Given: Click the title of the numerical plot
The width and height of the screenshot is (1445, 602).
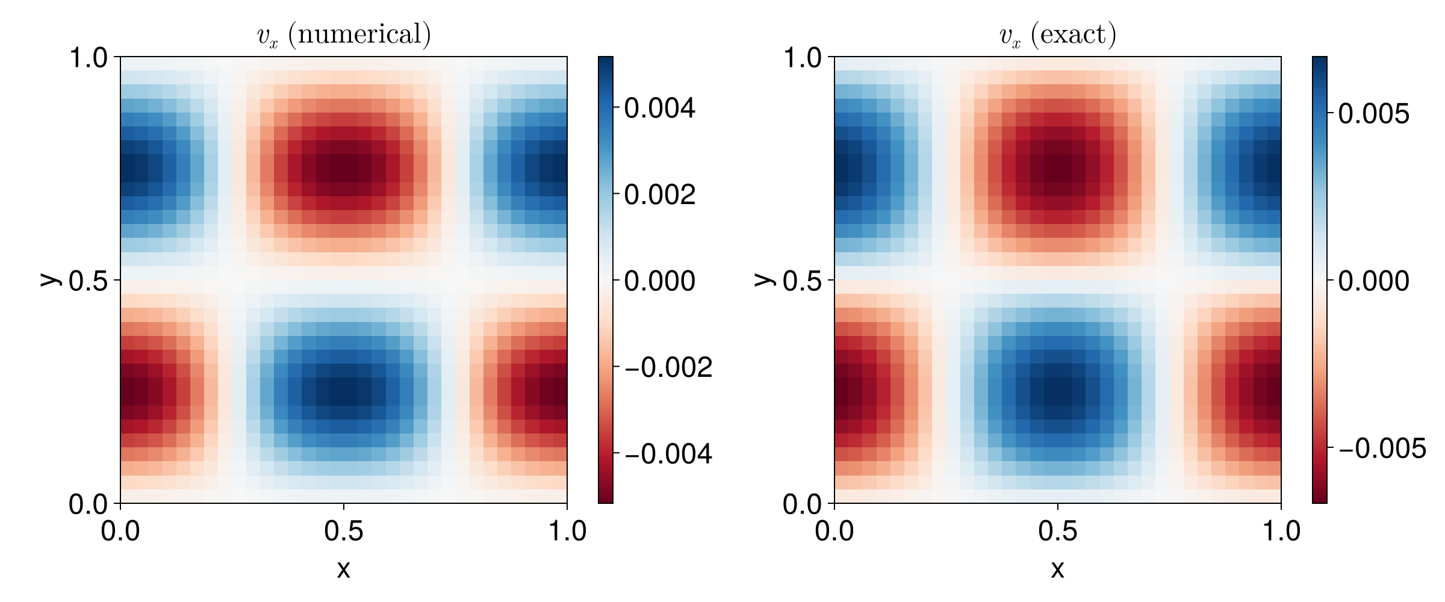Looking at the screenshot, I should (344, 35).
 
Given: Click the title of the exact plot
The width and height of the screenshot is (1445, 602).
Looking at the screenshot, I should (1058, 35).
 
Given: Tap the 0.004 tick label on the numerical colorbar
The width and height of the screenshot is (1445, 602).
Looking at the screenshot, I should (659, 108).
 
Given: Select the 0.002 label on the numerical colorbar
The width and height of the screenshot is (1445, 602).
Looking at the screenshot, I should (659, 194).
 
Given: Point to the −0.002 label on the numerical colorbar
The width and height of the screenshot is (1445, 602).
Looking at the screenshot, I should (668, 367).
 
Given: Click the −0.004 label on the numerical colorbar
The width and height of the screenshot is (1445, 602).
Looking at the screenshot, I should (668, 453).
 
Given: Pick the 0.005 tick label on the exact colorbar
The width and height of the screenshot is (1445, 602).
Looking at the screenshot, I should (1373, 114).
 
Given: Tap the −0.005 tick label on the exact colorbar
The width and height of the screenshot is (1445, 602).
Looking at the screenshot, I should (1382, 448).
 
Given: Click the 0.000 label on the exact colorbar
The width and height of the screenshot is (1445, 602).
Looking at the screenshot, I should (1373, 281).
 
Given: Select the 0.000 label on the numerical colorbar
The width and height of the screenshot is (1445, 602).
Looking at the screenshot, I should (659, 281).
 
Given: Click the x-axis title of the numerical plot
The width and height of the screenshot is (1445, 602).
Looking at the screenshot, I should (343, 569).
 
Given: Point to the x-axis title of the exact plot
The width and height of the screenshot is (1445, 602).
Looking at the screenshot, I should (1057, 569).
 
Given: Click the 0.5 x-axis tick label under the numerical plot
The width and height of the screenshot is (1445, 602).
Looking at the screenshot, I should (343, 531).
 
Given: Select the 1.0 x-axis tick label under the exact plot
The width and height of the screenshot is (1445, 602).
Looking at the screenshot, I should (1281, 531).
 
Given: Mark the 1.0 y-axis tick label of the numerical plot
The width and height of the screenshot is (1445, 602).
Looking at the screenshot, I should (88, 58).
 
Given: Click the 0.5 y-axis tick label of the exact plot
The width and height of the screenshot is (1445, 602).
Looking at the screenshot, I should (802, 281).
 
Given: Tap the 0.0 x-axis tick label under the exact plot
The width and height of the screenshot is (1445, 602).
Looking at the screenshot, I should (834, 531).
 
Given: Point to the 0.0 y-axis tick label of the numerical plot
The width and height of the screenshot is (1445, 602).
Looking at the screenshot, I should (88, 504).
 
